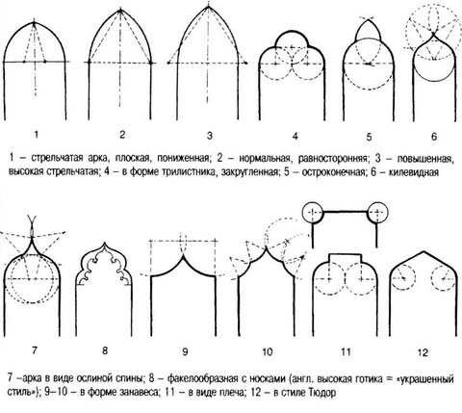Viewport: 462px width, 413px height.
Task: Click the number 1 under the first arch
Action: pos(36,135)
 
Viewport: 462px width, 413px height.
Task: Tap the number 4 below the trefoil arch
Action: pos(295,136)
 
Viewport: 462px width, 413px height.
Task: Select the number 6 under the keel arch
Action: pos(434,137)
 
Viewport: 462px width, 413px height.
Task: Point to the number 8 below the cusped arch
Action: pos(105,350)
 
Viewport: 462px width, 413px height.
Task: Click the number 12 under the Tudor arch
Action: pos(423,353)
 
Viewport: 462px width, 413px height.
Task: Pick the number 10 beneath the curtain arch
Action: pos(268,352)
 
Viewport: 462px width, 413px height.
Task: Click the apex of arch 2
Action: pos(120,10)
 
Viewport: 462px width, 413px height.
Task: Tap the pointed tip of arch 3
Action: pos(209,7)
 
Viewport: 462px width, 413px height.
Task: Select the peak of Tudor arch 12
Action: pos(423,252)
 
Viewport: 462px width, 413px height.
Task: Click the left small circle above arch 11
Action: pos(313,212)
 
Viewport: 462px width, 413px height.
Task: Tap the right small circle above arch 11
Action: pos(377,212)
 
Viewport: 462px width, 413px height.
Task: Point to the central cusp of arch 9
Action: pos(183,255)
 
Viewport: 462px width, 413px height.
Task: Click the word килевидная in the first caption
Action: pos(414,172)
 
